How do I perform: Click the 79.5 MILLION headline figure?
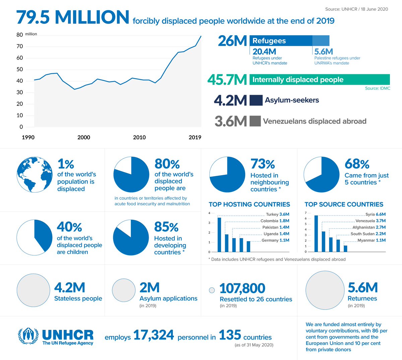tap(73, 17)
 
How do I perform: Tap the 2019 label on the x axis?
tap(195, 137)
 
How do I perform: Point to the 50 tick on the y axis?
tap(19, 69)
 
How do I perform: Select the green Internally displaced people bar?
tap(320, 79)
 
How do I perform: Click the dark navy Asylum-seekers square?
tap(256, 100)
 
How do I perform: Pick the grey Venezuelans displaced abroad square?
tap(255, 121)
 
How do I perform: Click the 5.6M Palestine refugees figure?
tap(324, 52)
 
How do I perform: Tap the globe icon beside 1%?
tap(35, 174)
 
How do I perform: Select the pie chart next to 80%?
tap(131, 174)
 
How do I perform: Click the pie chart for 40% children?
tap(35, 237)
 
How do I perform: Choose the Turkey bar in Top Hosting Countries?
tap(219, 234)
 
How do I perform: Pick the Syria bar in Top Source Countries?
tap(316, 233)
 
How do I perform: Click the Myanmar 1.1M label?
tap(372, 240)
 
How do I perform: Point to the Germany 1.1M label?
tap(275, 240)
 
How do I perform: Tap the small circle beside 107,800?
tap(212, 290)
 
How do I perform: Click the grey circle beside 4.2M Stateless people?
tap(33, 290)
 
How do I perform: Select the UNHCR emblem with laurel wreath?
tap(28, 337)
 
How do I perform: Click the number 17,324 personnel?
tap(154, 335)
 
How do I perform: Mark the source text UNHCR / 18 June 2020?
tap(356, 9)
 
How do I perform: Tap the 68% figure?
tap(357, 164)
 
